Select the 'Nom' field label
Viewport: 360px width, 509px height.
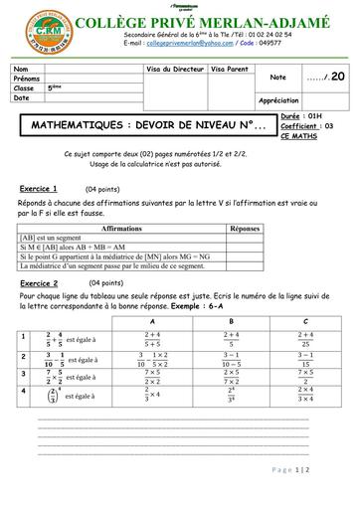click(22, 69)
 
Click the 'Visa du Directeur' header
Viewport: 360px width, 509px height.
click(175, 70)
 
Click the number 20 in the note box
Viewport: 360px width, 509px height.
click(338, 76)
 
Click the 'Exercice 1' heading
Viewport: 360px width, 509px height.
click(39, 188)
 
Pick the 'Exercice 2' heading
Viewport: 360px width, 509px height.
click(39, 283)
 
